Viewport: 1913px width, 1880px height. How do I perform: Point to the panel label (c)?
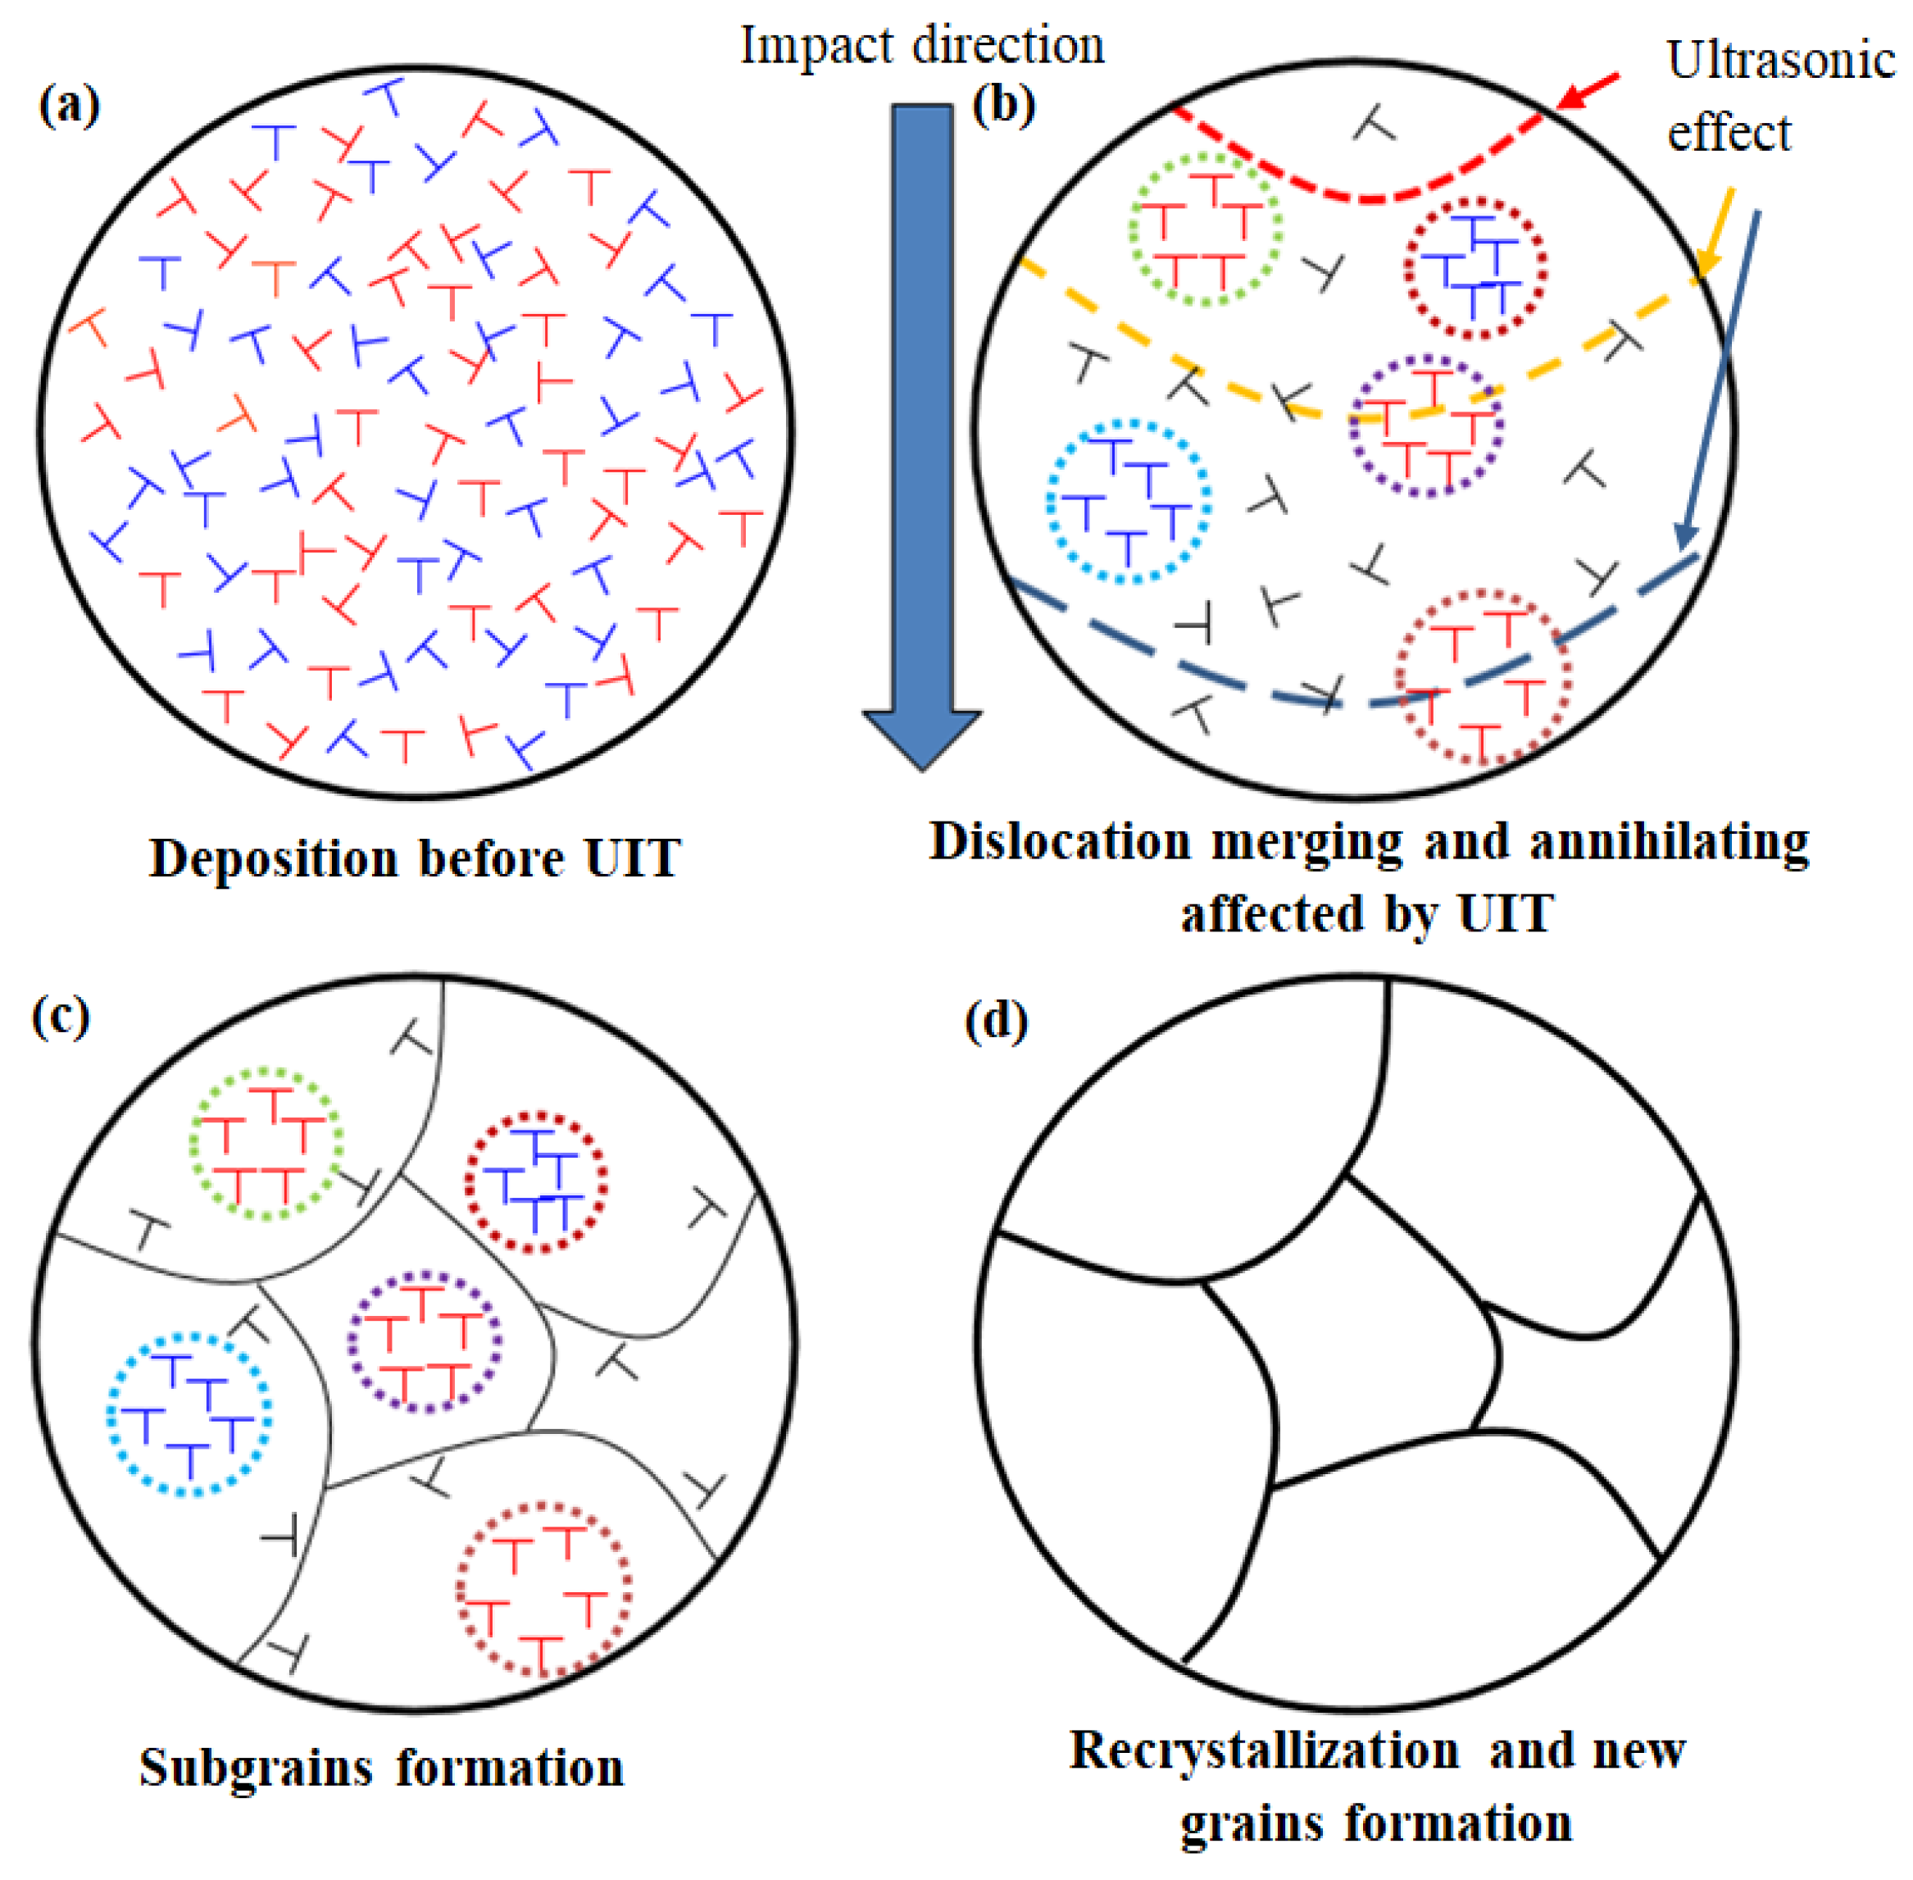(61, 1015)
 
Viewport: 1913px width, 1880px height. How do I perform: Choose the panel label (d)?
(995, 1019)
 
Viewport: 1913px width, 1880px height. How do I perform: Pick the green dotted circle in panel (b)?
(1204, 229)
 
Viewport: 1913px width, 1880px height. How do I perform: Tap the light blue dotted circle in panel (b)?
(1129, 502)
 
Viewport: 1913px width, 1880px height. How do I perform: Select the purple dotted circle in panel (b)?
(1426, 426)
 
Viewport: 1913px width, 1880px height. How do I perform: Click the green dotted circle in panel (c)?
(266, 1144)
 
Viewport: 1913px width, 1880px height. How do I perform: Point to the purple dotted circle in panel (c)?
(425, 1341)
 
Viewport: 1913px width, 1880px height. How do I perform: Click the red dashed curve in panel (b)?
(1367, 198)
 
